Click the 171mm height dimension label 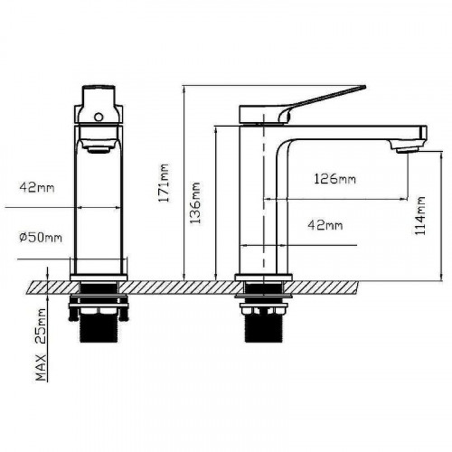coord(165,183)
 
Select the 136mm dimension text coord(194,202)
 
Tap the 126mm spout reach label coord(334,179)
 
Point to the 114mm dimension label coord(419,215)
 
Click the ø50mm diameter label coord(41,238)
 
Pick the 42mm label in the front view coord(37,187)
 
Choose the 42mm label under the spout coord(325,225)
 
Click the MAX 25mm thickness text coord(41,344)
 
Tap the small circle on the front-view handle coord(99,117)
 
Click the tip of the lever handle coord(365,87)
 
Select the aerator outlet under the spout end coord(408,150)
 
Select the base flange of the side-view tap coord(264,278)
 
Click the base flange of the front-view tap coord(99,278)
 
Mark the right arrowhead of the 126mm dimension coord(405,199)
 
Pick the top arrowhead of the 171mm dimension coord(184,89)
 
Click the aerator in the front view coord(99,150)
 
